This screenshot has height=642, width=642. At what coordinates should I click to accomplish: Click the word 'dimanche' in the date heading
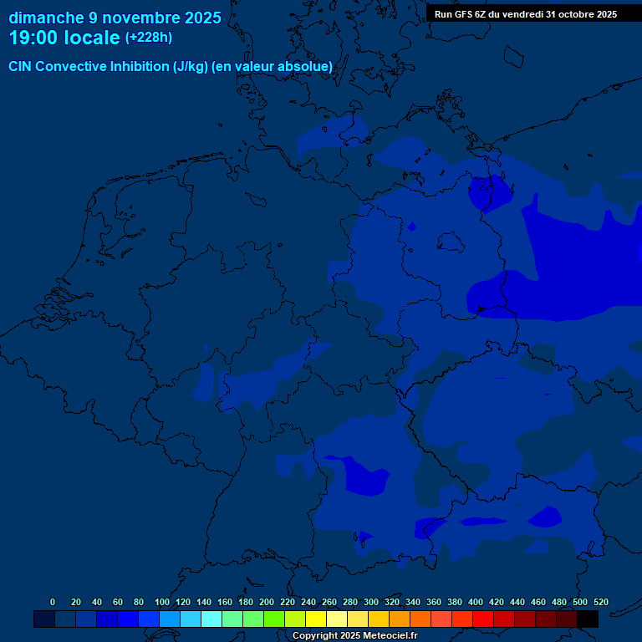pyautogui.click(x=45, y=18)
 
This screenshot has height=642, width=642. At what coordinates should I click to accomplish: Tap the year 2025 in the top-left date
pyautogui.click(x=203, y=18)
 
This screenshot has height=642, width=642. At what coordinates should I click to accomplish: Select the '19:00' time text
pyautogui.click(x=33, y=38)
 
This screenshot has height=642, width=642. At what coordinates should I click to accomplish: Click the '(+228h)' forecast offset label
pyautogui.click(x=148, y=38)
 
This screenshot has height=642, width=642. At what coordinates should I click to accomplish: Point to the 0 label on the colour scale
pyautogui.click(x=53, y=602)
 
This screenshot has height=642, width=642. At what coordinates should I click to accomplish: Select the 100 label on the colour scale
pyautogui.click(x=162, y=602)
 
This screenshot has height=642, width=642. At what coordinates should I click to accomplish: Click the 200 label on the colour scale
pyautogui.click(x=267, y=602)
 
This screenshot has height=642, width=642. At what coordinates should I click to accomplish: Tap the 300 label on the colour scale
pyautogui.click(x=371, y=602)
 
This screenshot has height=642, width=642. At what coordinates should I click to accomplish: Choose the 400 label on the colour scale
pyautogui.click(x=476, y=602)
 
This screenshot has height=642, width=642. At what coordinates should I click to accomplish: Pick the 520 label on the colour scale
pyautogui.click(x=601, y=602)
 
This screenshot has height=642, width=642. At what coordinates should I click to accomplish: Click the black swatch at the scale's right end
pyautogui.click(x=588, y=619)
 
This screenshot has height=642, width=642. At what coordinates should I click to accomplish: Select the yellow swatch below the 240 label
pyautogui.click(x=316, y=619)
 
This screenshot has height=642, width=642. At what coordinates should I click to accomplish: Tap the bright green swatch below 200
pyautogui.click(x=274, y=619)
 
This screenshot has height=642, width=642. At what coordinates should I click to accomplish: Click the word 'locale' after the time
pyautogui.click(x=92, y=38)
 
